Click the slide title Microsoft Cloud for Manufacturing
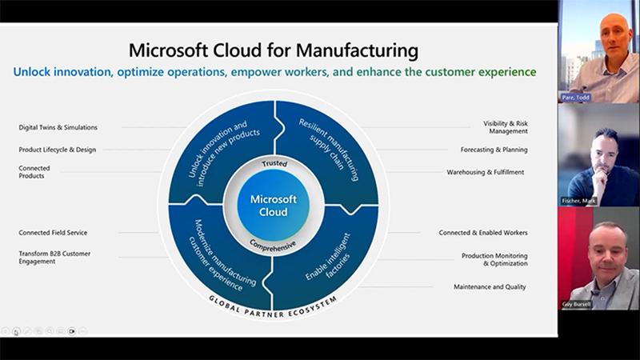(x=274, y=50)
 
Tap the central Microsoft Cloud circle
(x=274, y=205)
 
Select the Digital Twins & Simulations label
(x=58, y=127)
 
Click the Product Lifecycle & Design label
(x=57, y=150)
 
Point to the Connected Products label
(x=34, y=172)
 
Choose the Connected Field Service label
(x=53, y=233)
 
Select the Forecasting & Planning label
(x=494, y=150)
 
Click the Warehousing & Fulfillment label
(x=486, y=172)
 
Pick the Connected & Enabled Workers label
(x=482, y=233)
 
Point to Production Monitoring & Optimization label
(x=494, y=259)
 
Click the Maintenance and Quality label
(x=490, y=286)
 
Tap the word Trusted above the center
(x=274, y=164)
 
